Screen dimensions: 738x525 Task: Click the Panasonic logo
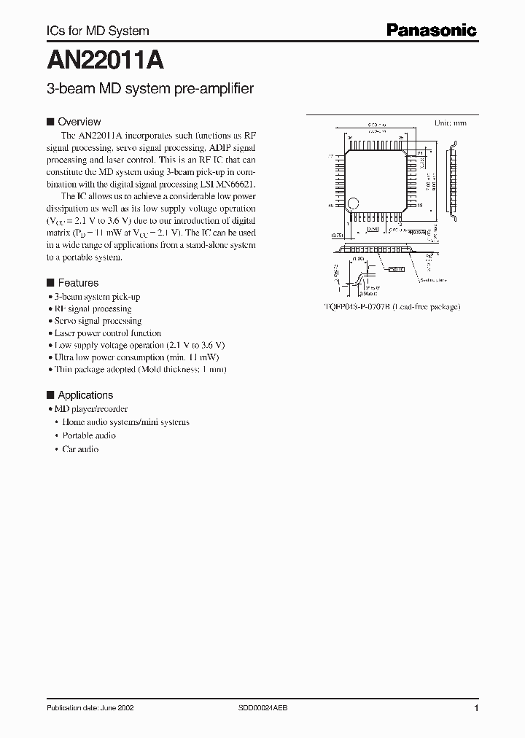(x=431, y=30)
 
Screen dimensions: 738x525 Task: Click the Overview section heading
(x=79, y=122)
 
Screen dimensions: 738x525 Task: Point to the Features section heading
(x=77, y=283)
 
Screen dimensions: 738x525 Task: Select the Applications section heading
(x=85, y=395)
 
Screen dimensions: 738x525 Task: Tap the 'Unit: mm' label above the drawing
(x=450, y=123)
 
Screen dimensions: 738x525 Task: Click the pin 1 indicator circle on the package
(x=352, y=204)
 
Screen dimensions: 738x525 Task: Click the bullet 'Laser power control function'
(x=108, y=333)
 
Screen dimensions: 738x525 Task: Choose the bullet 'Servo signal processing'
(x=98, y=321)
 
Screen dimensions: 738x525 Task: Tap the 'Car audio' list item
(x=80, y=449)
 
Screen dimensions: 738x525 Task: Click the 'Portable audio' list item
(x=89, y=435)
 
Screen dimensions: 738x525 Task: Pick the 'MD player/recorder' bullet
(x=91, y=409)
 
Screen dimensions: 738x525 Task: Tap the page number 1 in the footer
(x=476, y=708)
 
